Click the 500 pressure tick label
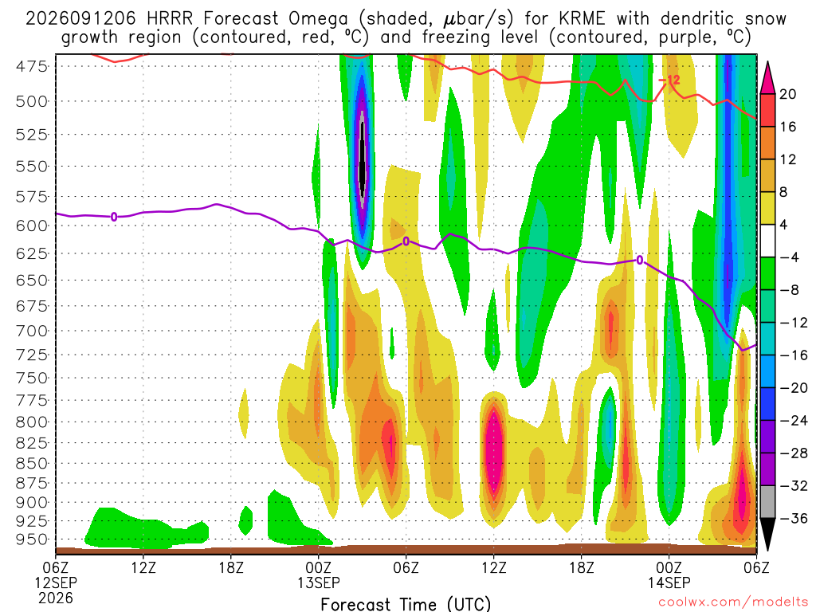pos(32,101)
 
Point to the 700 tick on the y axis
pos(32,331)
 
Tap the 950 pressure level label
pos(32,539)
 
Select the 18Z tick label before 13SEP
pos(231,567)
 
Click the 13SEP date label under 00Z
pos(319,583)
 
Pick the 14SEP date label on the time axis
pos(669,583)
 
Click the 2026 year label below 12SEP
pos(56,598)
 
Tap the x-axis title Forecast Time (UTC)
pos(406,604)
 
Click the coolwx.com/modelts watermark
pos(733,602)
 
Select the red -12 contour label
pos(669,80)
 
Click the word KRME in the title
pos(583,19)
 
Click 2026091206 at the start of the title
pos(80,19)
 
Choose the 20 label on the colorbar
pos(787,94)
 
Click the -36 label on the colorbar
pos(793,518)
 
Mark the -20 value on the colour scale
pos(793,388)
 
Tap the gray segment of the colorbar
pos(767,502)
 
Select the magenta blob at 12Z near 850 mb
pos(493,449)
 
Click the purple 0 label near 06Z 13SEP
pos(406,241)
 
